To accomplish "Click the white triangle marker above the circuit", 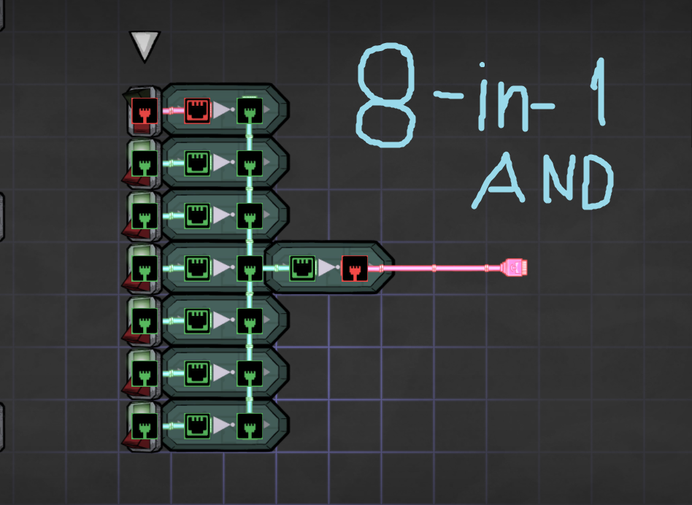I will tap(145, 46).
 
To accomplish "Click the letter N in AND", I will tap(549, 182).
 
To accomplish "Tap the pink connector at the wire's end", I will tap(515, 268).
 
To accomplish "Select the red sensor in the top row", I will tap(144, 112).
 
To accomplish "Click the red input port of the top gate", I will tap(196, 111).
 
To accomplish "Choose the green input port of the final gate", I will tap(301, 268).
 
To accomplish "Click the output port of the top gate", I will tap(249, 111).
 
